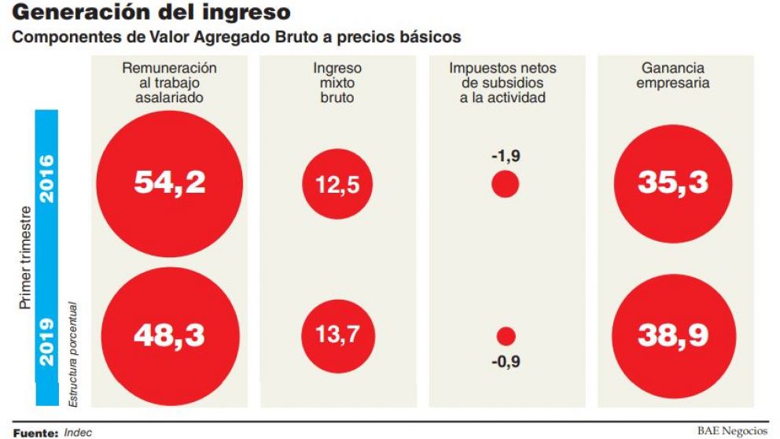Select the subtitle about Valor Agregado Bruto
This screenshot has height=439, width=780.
click(235, 38)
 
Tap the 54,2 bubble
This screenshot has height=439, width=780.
click(169, 183)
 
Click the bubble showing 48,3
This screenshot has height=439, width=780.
click(169, 335)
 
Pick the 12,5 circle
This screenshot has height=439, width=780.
click(337, 186)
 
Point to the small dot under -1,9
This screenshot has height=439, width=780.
click(505, 186)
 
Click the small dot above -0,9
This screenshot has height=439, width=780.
click(506, 337)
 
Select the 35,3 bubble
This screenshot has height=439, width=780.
click(673, 183)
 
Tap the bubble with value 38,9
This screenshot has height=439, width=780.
click(673, 336)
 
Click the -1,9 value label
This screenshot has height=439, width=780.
click(506, 156)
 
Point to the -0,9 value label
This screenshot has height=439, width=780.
click(506, 363)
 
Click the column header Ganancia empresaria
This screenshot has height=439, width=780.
click(673, 76)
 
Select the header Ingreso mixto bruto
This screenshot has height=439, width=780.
click(337, 83)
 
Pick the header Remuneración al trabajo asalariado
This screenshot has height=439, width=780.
click(169, 83)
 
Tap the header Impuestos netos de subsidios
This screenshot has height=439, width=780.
click(505, 83)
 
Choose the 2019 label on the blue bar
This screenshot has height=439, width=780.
click(46, 341)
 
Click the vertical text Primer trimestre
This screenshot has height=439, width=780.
click(24, 258)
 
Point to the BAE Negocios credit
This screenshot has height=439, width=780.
click(732, 430)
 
